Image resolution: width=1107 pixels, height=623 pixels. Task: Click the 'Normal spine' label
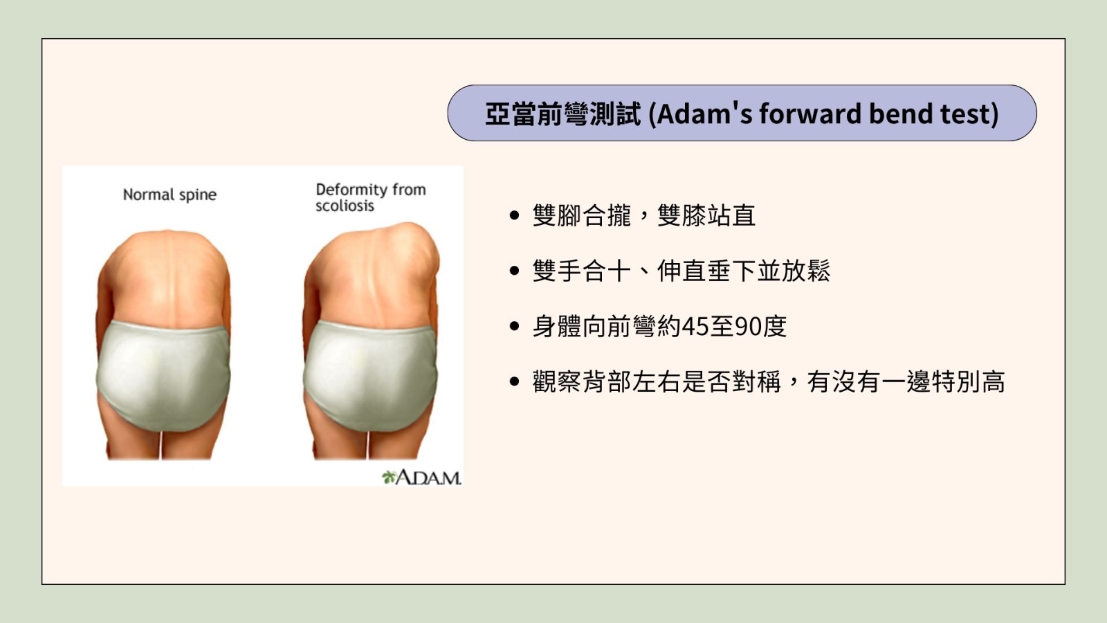[x=170, y=195]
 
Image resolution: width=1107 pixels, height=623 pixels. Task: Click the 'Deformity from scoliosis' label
[x=371, y=197]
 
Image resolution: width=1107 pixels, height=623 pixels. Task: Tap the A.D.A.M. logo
[x=421, y=477]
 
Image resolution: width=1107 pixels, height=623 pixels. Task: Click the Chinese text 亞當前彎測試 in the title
[x=563, y=114]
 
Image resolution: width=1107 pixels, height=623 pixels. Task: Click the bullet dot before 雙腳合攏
[x=515, y=215]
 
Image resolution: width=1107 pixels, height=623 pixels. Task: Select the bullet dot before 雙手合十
[x=515, y=271]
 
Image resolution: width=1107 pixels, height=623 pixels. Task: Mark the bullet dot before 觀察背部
[x=515, y=381]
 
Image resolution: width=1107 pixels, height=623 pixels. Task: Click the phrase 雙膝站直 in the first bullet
[x=706, y=215]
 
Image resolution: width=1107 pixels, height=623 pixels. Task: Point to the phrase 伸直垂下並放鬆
[x=744, y=271]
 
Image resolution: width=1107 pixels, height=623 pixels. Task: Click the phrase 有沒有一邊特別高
[x=906, y=381]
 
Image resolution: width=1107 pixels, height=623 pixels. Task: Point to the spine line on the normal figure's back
[x=169, y=277]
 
